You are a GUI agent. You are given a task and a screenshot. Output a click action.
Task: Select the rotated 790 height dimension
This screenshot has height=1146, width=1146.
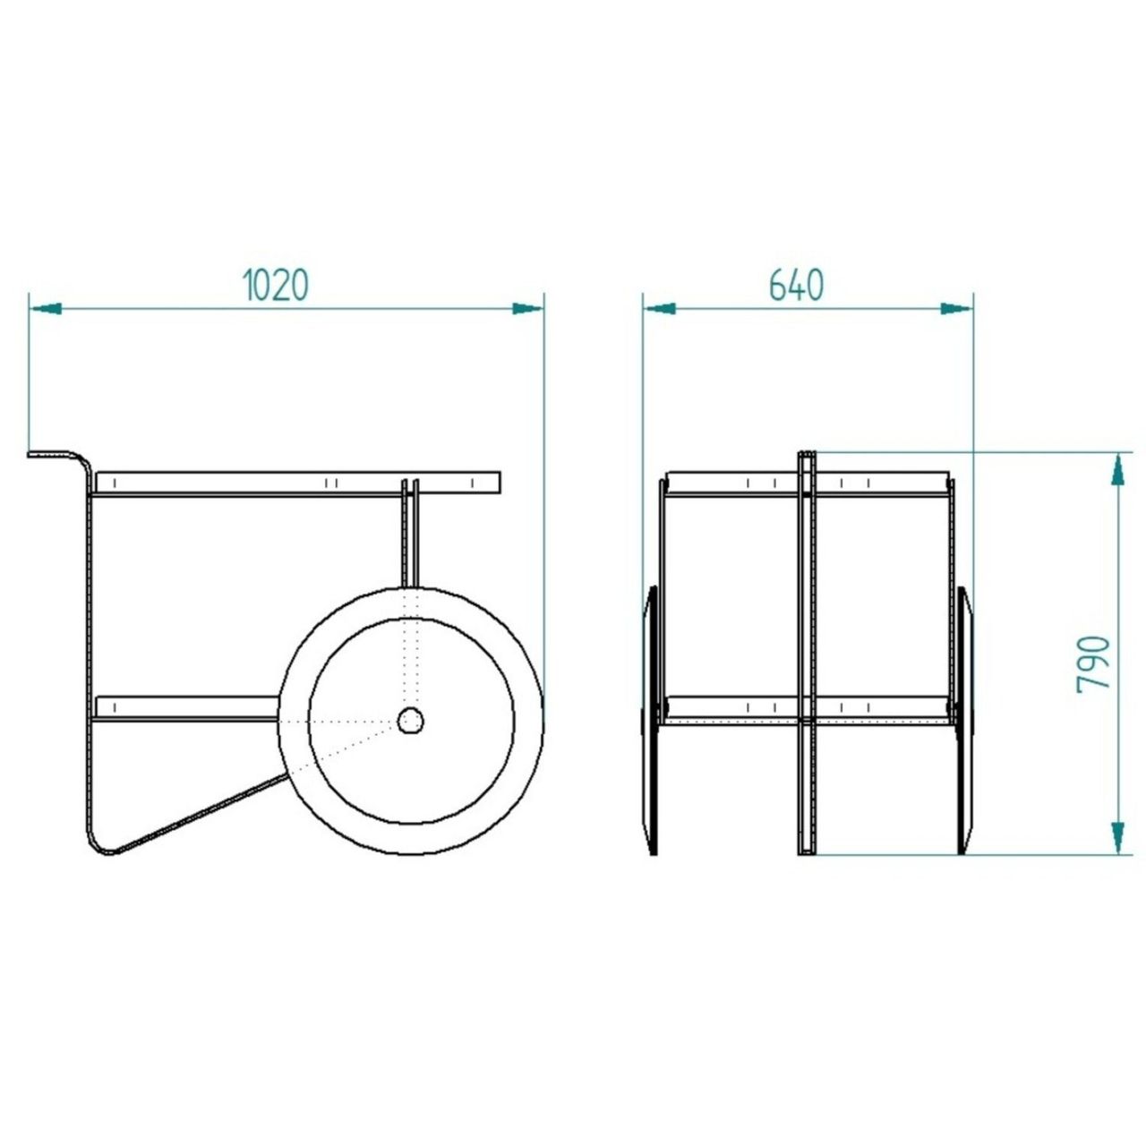click(1094, 663)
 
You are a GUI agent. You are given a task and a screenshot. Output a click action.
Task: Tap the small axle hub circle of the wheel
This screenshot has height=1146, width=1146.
click(410, 722)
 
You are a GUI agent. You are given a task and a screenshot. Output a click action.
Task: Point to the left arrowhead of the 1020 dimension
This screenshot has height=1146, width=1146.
click(45, 309)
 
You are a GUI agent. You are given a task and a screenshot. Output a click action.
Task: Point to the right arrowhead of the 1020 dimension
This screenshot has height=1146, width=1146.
click(528, 309)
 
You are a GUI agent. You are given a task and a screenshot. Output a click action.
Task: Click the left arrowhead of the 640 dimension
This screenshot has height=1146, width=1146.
click(660, 309)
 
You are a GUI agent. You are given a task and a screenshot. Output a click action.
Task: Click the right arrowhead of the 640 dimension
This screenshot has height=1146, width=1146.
click(956, 309)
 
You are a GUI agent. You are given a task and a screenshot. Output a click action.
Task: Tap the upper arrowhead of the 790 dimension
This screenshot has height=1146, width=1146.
click(1118, 470)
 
